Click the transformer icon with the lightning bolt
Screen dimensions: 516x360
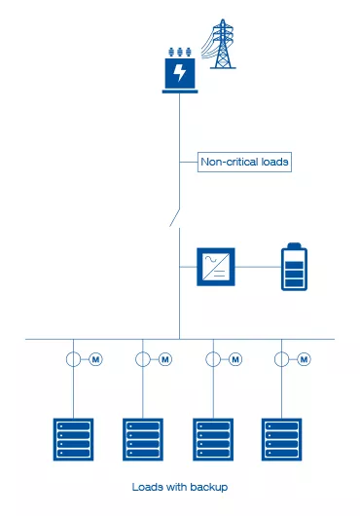[180, 72]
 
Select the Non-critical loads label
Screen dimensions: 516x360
[244, 162]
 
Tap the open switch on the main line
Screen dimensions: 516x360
[175, 215]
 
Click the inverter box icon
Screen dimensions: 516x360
[217, 266]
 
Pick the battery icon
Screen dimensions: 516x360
[293, 266]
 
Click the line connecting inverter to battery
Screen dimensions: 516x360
[257, 266]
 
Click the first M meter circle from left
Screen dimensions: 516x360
[96, 360]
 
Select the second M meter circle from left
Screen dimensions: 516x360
[165, 360]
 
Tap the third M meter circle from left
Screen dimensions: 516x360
[235, 360]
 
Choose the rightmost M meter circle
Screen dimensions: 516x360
[305, 360]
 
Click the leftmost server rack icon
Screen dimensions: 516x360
[71, 438]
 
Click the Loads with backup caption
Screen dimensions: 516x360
[179, 486]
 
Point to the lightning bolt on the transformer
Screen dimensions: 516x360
[180, 74]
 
